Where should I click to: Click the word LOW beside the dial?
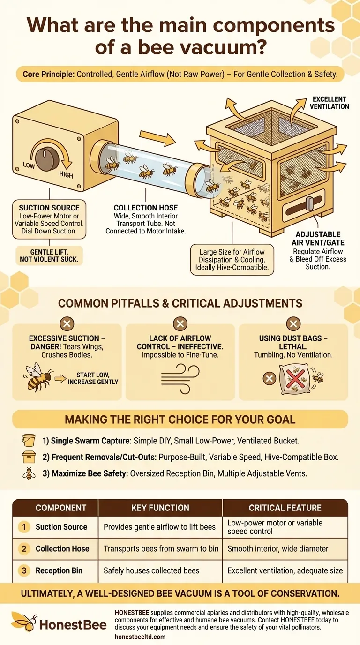tap(29, 165)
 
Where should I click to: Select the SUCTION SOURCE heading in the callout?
tap(49, 208)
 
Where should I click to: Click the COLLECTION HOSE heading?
tap(146, 208)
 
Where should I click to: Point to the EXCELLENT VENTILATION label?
tap(329, 103)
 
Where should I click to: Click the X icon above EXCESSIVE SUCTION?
tap(67, 323)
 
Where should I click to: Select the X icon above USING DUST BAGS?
tap(293, 323)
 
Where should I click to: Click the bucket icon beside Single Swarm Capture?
tap(29, 441)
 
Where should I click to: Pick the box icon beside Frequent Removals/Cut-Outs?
tap(29, 457)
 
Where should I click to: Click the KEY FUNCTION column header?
tap(160, 508)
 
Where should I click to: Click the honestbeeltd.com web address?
tap(140, 637)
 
